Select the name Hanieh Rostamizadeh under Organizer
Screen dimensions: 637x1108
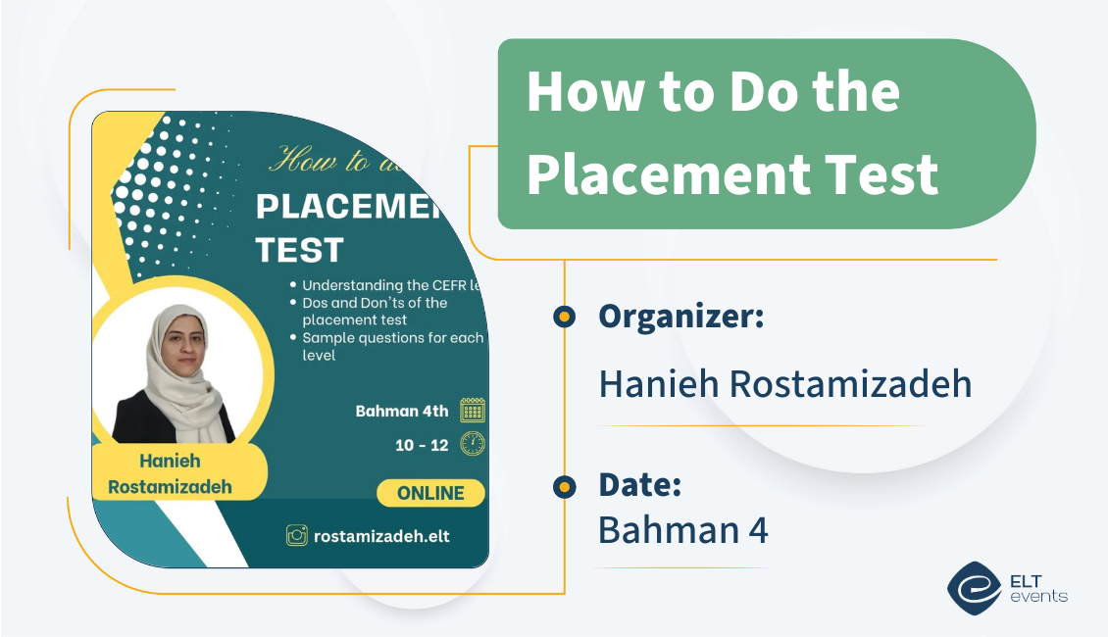tap(784, 383)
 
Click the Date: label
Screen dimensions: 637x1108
tap(639, 484)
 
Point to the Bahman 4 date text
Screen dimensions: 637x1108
tap(682, 529)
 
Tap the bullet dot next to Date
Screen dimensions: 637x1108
tap(564, 486)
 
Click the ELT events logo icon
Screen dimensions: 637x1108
tap(974, 587)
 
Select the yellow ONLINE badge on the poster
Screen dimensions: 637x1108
tap(430, 493)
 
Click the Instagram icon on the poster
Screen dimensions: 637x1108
tap(296, 535)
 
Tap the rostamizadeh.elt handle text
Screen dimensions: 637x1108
tap(381, 536)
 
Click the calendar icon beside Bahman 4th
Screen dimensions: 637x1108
tap(473, 410)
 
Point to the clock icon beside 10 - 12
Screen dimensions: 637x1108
tap(473, 444)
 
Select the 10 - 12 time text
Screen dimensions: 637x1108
tap(422, 445)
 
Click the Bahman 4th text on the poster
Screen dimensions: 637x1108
tap(401, 411)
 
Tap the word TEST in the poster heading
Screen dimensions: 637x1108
tap(299, 250)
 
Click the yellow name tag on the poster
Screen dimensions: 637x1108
tap(178, 471)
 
